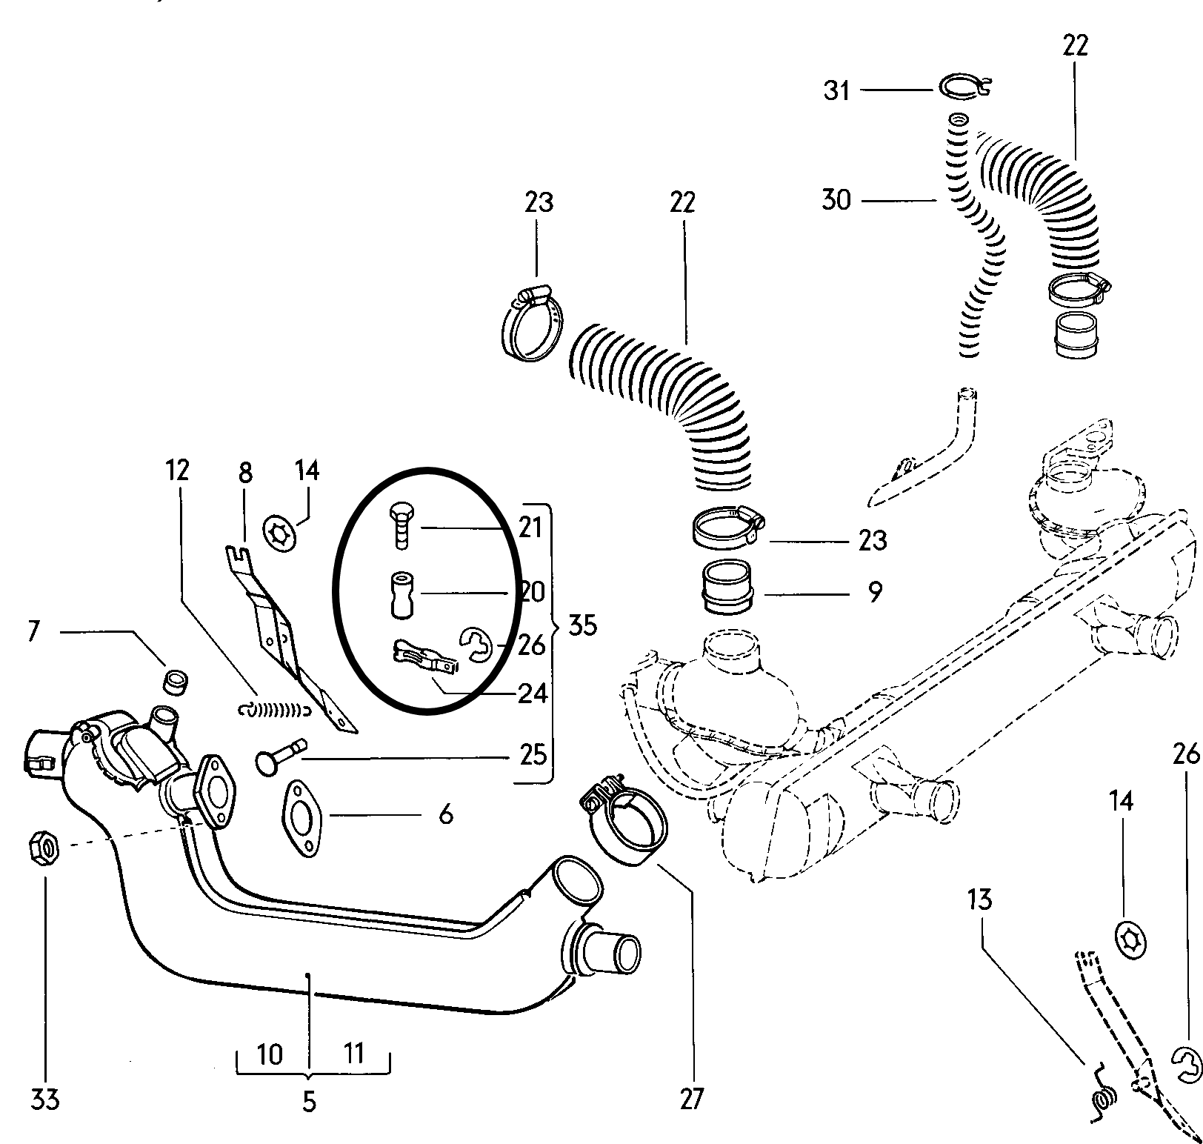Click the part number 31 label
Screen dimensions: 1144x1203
(837, 91)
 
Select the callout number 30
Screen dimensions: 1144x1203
(836, 200)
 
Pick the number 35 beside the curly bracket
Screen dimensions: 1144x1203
(582, 625)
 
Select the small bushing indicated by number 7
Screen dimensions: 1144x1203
(176, 680)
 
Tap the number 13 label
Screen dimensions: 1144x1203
(979, 900)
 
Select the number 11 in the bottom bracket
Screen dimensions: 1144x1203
(354, 1053)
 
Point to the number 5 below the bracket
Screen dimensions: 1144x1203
(310, 1103)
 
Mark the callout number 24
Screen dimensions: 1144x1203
(532, 694)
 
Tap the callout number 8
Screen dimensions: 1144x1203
(245, 473)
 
